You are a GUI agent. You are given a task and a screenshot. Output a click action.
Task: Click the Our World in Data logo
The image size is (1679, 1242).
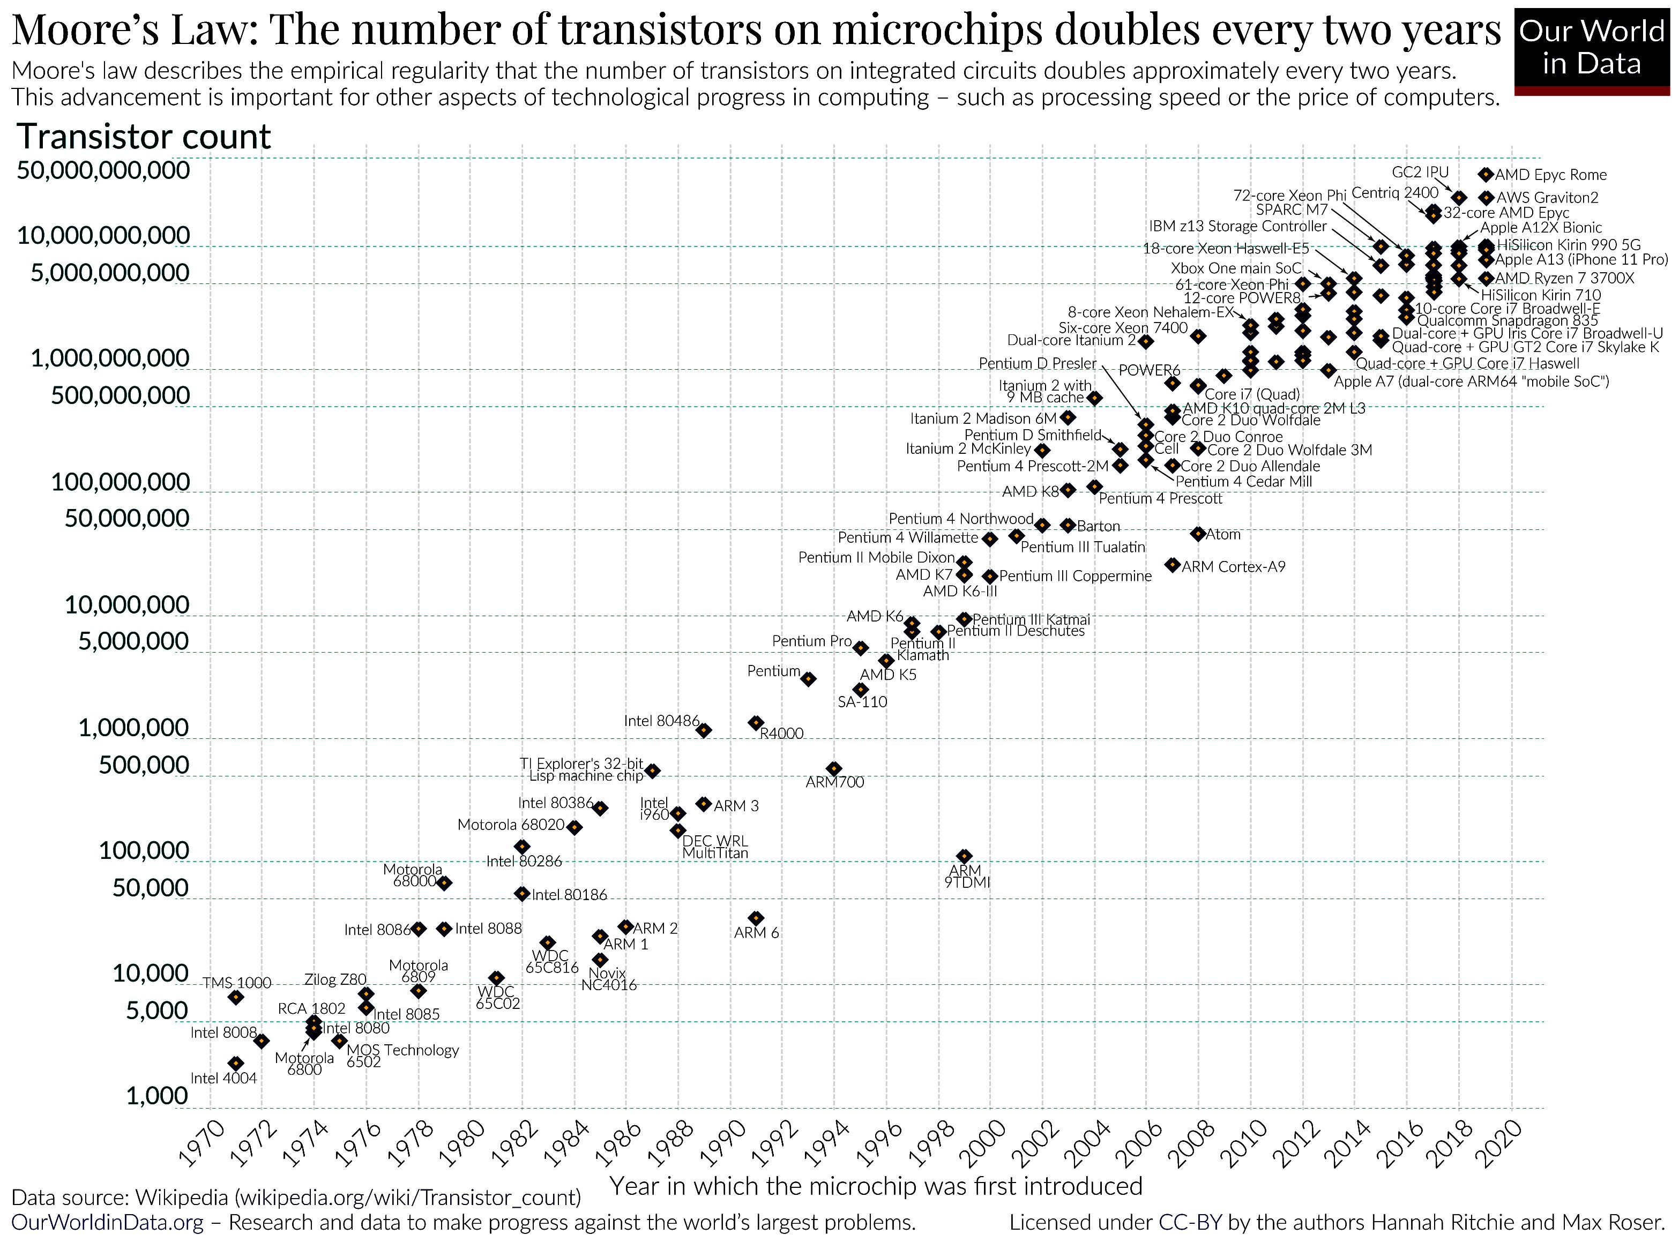point(1592,48)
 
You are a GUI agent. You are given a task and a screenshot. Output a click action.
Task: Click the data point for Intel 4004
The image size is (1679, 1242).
point(236,1063)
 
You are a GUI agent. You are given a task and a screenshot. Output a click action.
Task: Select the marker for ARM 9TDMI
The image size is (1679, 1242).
point(964,856)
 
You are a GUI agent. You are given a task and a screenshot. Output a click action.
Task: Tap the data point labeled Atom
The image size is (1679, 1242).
point(1198,534)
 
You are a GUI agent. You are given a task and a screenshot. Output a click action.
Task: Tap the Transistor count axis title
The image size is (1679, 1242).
point(144,137)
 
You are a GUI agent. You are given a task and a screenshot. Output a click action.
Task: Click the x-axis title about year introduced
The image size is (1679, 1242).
point(876,1186)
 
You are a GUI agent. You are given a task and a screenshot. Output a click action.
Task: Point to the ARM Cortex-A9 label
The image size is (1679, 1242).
point(1233,567)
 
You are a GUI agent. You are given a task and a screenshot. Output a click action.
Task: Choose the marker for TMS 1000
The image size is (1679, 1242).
point(236,997)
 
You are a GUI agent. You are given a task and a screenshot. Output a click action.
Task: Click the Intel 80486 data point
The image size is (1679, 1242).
point(704,730)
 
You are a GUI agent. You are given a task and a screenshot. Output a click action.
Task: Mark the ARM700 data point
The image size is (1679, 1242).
point(834,768)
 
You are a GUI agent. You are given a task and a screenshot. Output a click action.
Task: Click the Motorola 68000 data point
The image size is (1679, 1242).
point(444,882)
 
